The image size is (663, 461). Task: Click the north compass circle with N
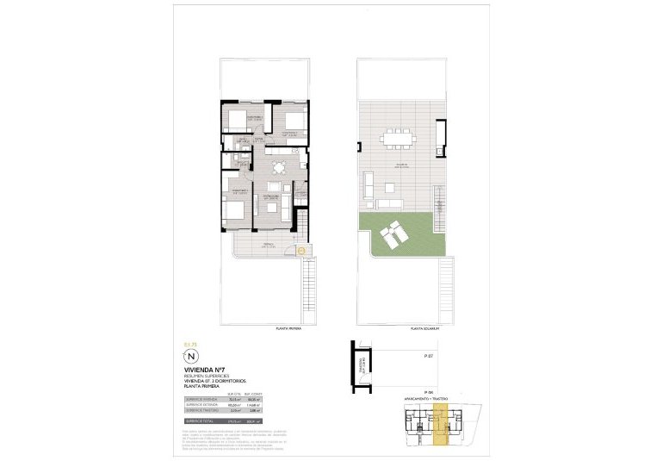click(x=192, y=356)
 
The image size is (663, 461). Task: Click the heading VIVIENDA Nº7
click(x=204, y=369)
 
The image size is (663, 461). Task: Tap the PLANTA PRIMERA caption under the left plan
click(x=288, y=328)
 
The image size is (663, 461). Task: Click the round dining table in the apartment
click(x=277, y=167)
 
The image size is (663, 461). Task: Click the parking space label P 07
click(x=428, y=355)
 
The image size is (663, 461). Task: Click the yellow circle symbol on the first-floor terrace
click(x=301, y=251)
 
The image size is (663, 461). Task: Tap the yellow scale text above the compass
click(x=191, y=344)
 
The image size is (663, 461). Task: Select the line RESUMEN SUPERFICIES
click(x=208, y=376)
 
